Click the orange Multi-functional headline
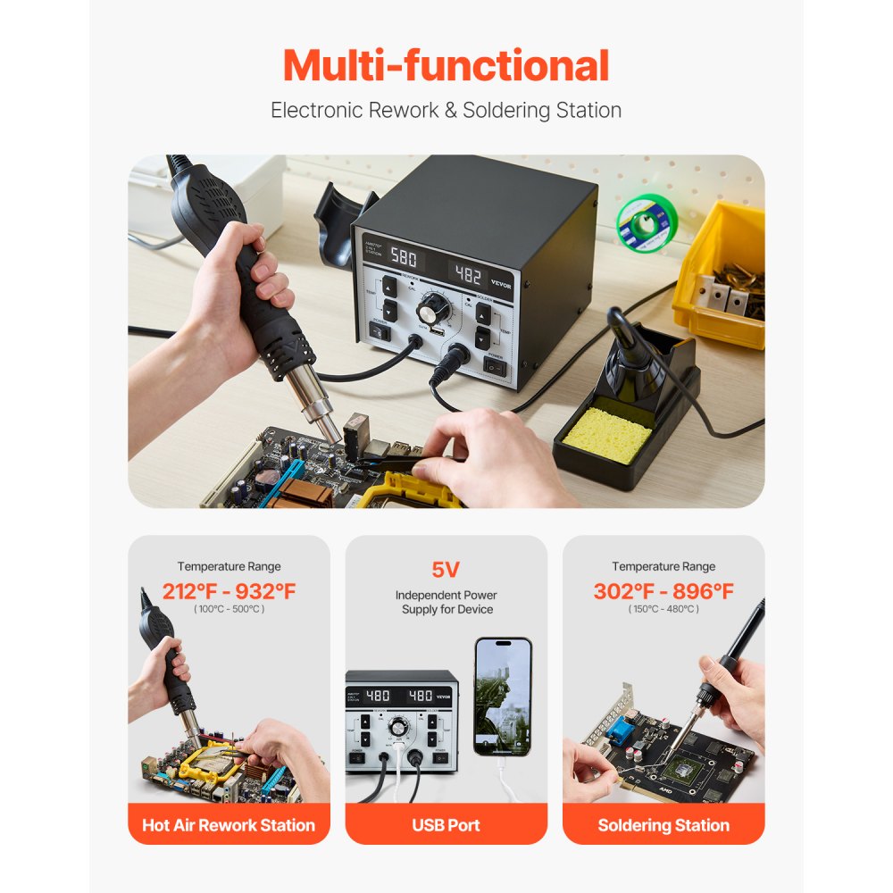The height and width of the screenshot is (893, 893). pyautogui.click(x=446, y=66)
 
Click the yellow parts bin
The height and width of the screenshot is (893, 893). pyautogui.click(x=720, y=272)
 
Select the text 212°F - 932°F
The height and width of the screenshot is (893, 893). pyautogui.click(x=229, y=591)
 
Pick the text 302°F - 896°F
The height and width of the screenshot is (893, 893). pyautogui.click(x=663, y=591)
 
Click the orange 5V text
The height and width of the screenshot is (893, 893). pyautogui.click(x=446, y=570)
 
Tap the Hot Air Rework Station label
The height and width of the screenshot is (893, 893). pyautogui.click(x=229, y=825)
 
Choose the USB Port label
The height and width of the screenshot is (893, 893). pyautogui.click(x=446, y=825)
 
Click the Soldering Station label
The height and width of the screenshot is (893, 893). pyautogui.click(x=663, y=825)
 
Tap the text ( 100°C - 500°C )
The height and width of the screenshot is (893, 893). pyautogui.click(x=229, y=609)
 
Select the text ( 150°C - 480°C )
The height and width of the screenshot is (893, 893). pyautogui.click(x=663, y=609)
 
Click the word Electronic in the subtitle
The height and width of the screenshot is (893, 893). pyautogui.click(x=318, y=111)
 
